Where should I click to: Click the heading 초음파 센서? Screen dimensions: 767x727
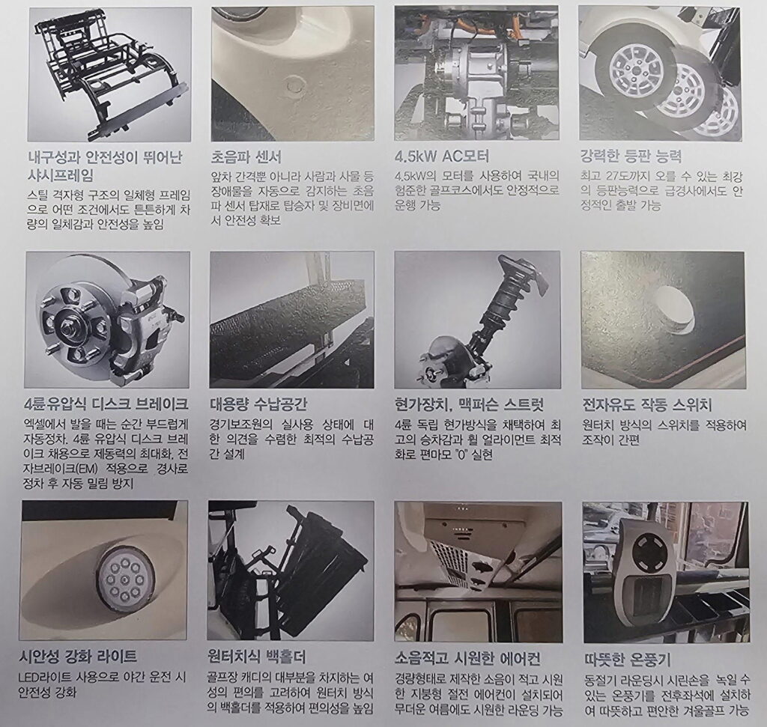(246, 157)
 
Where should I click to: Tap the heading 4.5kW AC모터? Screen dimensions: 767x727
(442, 156)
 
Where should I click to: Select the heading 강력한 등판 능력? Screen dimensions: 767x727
(631, 156)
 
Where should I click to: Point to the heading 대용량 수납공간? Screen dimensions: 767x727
(258, 404)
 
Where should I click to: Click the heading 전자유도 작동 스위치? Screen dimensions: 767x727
(646, 405)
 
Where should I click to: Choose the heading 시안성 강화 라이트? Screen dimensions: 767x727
(77, 656)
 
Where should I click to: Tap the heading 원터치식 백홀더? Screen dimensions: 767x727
(257, 656)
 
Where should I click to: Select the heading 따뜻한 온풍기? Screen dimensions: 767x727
(628, 660)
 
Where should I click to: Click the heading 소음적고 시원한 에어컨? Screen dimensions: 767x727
(467, 659)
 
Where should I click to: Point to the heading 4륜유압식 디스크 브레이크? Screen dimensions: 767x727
(106, 404)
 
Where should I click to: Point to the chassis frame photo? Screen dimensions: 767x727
(108, 74)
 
